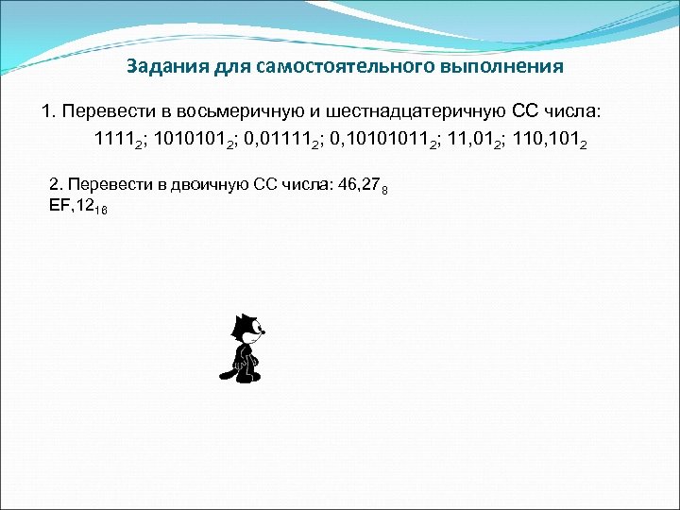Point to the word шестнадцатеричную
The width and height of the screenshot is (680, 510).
tap(410, 113)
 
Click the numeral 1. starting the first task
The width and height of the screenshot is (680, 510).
tap(48, 113)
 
